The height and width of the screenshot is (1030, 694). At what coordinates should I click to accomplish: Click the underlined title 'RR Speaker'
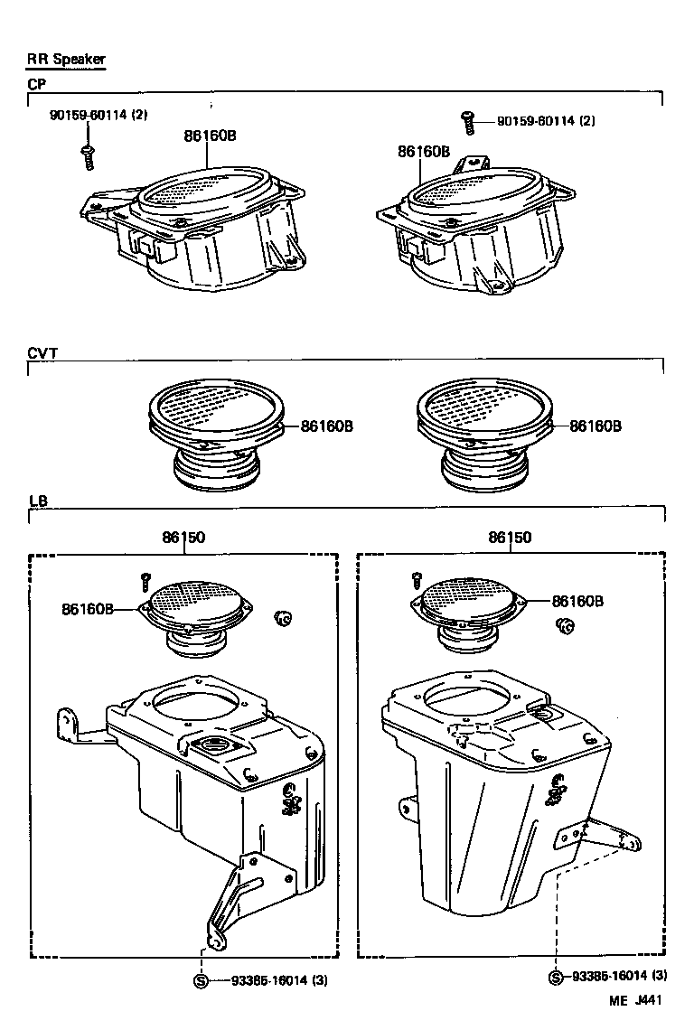pyautogui.click(x=66, y=60)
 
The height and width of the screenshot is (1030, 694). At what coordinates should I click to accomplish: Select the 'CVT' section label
pyautogui.click(x=42, y=354)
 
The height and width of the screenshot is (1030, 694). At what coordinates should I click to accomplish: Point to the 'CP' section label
pyautogui.click(x=37, y=83)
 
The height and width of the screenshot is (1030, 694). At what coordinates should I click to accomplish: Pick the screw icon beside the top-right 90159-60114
pyautogui.click(x=468, y=120)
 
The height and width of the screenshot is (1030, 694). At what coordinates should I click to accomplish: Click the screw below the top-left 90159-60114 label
pyautogui.click(x=88, y=155)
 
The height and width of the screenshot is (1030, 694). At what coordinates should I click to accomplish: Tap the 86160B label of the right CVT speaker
pyautogui.click(x=596, y=426)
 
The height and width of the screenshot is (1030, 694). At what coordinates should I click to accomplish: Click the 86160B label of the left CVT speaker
pyautogui.click(x=326, y=426)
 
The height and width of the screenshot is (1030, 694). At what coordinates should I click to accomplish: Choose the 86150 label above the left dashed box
pyautogui.click(x=183, y=538)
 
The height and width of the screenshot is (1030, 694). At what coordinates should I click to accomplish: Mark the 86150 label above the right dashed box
pyautogui.click(x=510, y=538)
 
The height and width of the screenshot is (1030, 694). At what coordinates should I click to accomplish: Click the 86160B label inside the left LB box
pyautogui.click(x=88, y=609)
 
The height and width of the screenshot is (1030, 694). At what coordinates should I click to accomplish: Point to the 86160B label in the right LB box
pyautogui.click(x=577, y=601)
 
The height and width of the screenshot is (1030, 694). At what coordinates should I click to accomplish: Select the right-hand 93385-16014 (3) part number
pyautogui.click(x=619, y=976)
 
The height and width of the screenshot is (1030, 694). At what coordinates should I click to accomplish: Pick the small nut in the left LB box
pyautogui.click(x=283, y=618)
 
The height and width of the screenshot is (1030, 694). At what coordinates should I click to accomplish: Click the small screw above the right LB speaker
pyautogui.click(x=417, y=579)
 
